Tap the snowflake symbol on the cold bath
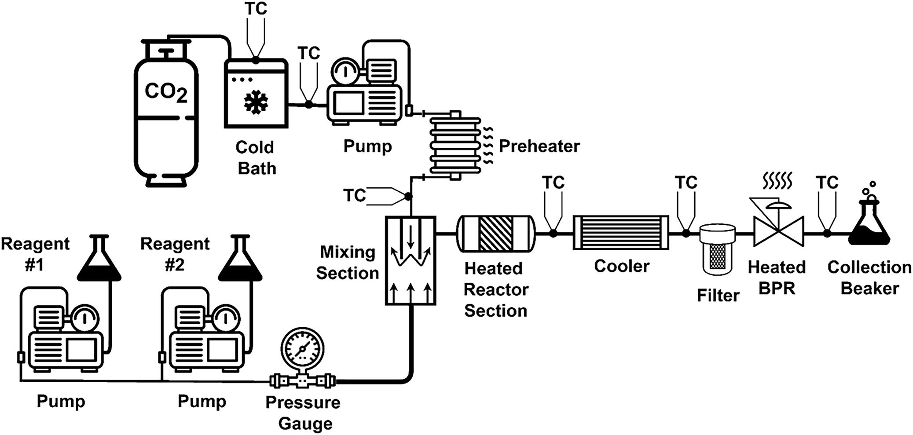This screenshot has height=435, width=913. pyautogui.click(x=256, y=102)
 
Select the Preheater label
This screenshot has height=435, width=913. pyautogui.click(x=539, y=146)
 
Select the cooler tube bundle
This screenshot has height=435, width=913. pyautogui.click(x=620, y=233)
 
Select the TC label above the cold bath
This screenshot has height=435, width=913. pyautogui.click(x=256, y=9)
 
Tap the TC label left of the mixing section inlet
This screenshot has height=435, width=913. pyautogui.click(x=354, y=195)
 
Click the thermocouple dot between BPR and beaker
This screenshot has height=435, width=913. pyautogui.click(x=827, y=233)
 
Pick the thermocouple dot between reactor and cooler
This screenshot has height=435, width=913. pyautogui.click(x=553, y=233)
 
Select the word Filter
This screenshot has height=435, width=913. pyautogui.click(x=718, y=296)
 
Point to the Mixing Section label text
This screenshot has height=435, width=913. pyautogui.click(x=347, y=263)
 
